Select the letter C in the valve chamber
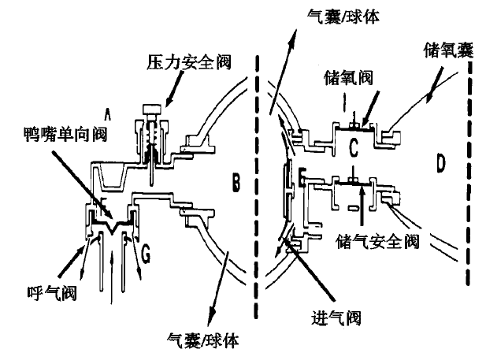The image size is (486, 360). pyautogui.click(x=354, y=144)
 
